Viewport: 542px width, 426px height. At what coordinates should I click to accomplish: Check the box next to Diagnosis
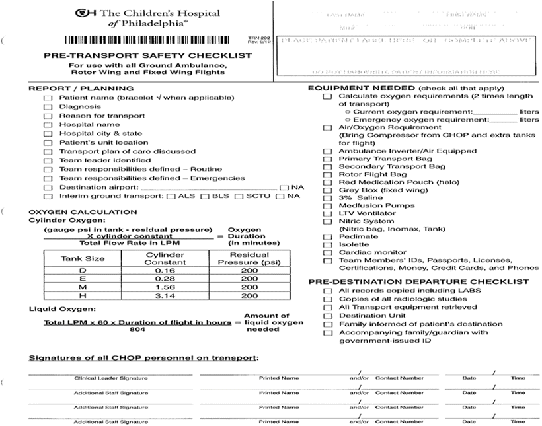tap(48, 107)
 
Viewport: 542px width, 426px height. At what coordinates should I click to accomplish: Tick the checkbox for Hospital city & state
tap(48, 133)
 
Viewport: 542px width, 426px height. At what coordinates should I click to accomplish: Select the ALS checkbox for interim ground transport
tap(172, 196)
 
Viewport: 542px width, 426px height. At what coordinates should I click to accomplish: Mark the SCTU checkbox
tap(239, 196)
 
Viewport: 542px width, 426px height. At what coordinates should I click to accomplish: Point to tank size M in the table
tap(83, 287)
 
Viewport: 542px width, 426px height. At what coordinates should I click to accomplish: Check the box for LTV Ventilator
tap(327, 214)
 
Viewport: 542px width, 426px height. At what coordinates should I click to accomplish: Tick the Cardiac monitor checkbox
tap(327, 252)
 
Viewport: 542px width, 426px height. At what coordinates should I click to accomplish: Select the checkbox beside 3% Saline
tap(327, 197)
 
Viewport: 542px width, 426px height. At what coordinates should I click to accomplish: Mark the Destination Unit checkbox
tap(327, 316)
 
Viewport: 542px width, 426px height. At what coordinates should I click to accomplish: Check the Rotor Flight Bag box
tap(327, 174)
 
